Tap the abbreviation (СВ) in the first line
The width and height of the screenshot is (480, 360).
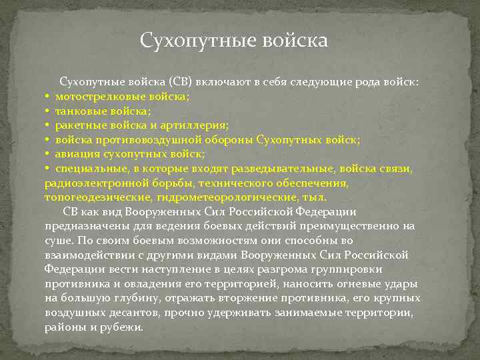[x=181, y=83]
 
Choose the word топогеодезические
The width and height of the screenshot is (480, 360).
[x=99, y=198]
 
